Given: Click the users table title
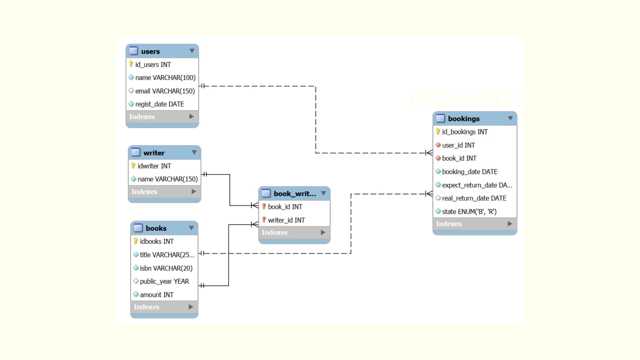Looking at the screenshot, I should click(x=150, y=51).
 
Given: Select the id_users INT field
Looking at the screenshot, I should click(x=153, y=65).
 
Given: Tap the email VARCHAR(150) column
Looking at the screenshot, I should click(x=165, y=91).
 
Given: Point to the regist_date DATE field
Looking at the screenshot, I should click(x=159, y=104).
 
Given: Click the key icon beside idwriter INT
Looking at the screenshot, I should click(x=133, y=166).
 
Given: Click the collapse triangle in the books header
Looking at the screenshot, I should click(x=191, y=228).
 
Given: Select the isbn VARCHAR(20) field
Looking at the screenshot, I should click(x=166, y=268).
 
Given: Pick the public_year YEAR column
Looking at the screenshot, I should click(x=164, y=281).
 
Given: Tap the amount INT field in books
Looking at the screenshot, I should click(x=156, y=295).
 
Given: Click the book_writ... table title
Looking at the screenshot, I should click(x=295, y=194).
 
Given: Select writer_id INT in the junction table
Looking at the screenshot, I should click(x=286, y=220).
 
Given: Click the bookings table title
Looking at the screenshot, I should click(x=464, y=119).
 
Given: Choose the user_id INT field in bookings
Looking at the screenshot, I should click(x=458, y=145).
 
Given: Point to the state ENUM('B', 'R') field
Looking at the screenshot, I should click(x=469, y=212).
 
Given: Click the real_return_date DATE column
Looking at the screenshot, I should click(x=474, y=198).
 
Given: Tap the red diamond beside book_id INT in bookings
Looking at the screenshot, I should click(x=438, y=158).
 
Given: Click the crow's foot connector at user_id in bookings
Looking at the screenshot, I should click(x=429, y=153).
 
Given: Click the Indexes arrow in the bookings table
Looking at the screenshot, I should click(x=510, y=224).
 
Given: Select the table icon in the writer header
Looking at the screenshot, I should click(x=136, y=152).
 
